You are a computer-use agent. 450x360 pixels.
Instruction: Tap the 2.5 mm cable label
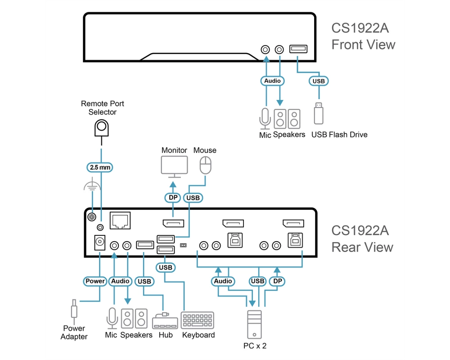[x=100, y=167]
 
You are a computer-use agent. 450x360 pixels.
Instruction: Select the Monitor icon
[x=175, y=167]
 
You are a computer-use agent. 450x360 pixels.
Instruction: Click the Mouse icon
[x=206, y=165]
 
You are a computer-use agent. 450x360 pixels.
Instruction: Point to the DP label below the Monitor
[x=173, y=198]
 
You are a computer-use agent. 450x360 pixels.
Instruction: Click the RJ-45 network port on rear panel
[x=120, y=220]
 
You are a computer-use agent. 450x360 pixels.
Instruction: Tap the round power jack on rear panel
[x=99, y=242]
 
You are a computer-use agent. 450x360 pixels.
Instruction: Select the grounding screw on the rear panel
[x=92, y=217]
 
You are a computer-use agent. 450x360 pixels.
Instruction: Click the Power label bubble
[x=95, y=281]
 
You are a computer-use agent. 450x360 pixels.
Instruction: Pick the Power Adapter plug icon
[x=74, y=312]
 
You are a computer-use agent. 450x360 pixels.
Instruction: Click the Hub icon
[x=165, y=321]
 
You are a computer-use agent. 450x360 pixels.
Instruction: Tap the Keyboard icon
[x=198, y=320]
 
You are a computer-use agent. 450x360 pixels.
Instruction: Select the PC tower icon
[x=254, y=324]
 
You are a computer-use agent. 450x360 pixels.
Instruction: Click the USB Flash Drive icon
[x=319, y=113]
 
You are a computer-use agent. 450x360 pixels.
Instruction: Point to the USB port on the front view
[x=298, y=49]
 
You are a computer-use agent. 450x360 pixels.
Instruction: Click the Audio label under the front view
[x=272, y=81]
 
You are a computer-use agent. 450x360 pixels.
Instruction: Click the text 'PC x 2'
[x=255, y=346]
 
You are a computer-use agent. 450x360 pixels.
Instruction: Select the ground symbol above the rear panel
[x=92, y=185]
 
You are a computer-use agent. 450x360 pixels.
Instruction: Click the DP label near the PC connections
[x=277, y=281]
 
